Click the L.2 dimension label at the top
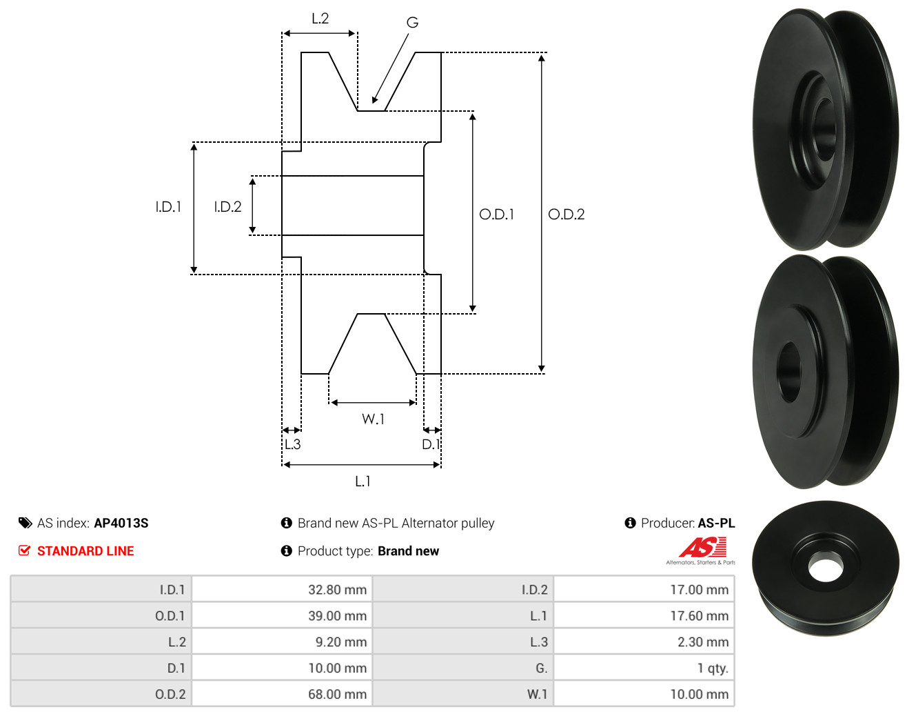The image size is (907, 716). tap(320, 19)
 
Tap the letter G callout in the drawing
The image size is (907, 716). tap(412, 22)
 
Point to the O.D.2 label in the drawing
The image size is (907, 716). tap(566, 215)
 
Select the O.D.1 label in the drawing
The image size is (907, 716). tap(496, 215)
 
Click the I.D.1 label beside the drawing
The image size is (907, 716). tap(168, 207)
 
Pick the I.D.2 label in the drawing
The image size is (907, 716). tap(227, 207)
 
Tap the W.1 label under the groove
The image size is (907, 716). tap(373, 419)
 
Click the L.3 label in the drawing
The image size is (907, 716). tap(292, 444)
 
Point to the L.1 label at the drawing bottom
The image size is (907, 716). tap(363, 481)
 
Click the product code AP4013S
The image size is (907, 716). tap(121, 523)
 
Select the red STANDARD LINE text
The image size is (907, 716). tap(85, 551)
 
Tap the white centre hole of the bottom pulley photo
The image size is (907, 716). tap(825, 566)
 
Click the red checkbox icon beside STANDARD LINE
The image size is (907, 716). tap(24, 550)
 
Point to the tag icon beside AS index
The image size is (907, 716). tap(26, 523)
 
